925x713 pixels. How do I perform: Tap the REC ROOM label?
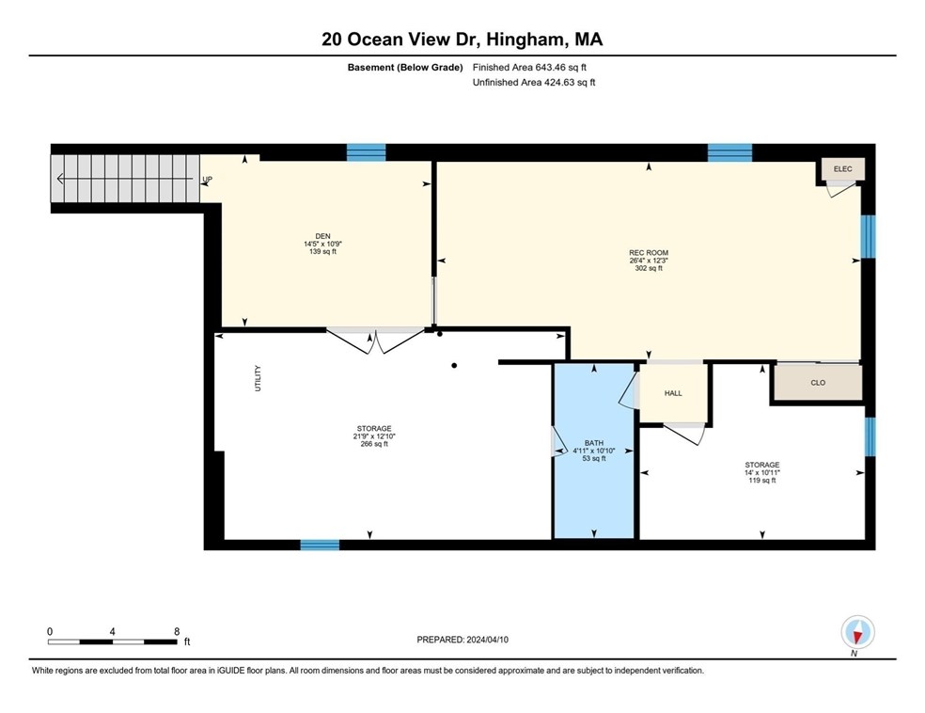pyautogui.click(x=649, y=252)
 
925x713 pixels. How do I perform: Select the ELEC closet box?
pyautogui.click(x=842, y=168)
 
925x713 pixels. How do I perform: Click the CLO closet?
pyautogui.click(x=817, y=383)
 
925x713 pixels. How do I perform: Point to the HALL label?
pyautogui.click(x=673, y=393)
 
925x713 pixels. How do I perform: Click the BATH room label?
pyautogui.click(x=593, y=443)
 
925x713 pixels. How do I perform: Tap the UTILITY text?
pyautogui.click(x=258, y=378)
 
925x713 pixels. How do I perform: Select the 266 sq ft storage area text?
pyautogui.click(x=373, y=444)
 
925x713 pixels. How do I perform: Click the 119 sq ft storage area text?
pyautogui.click(x=761, y=481)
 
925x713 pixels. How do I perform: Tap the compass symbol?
pyautogui.click(x=858, y=631)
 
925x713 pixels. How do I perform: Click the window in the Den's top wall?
pyautogui.click(x=366, y=151)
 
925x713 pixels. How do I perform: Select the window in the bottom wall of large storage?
pyautogui.click(x=320, y=545)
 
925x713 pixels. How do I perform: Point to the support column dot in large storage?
pyautogui.click(x=453, y=365)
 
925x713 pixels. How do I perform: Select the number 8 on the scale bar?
pyautogui.click(x=176, y=631)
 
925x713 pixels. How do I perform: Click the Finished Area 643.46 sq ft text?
pyautogui.click(x=534, y=67)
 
